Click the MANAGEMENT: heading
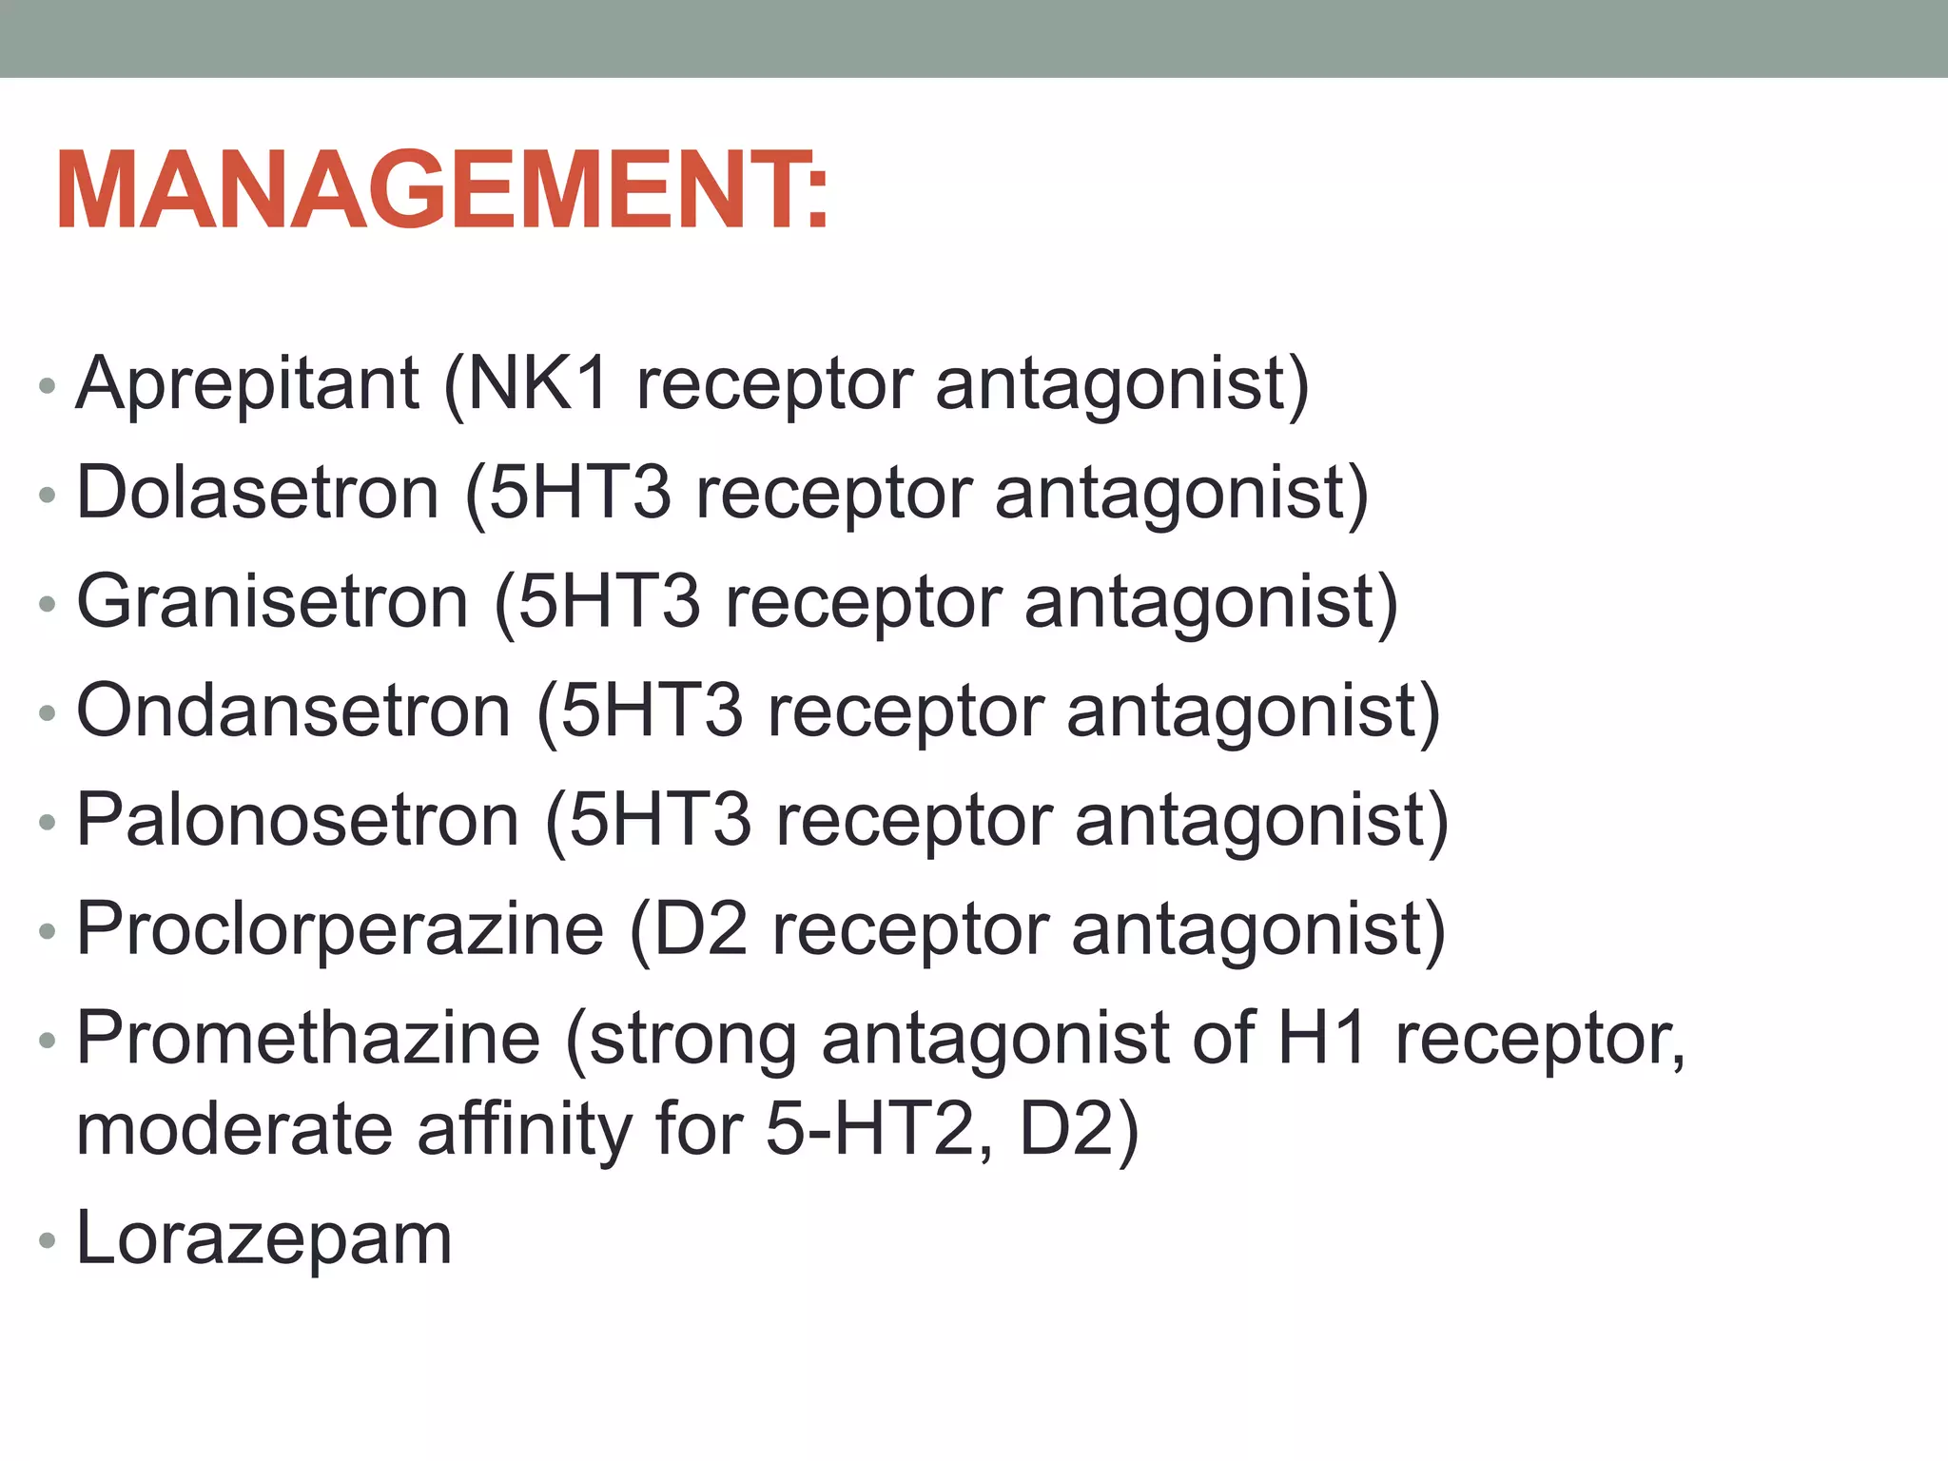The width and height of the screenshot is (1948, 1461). click(442, 190)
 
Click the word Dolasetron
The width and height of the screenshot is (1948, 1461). click(257, 493)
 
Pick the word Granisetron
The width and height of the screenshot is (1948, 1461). click(272, 602)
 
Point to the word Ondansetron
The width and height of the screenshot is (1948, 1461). click(293, 711)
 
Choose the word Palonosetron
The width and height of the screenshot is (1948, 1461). click(297, 820)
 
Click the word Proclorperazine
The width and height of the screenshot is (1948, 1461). click(340, 929)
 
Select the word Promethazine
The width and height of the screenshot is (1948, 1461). click(308, 1038)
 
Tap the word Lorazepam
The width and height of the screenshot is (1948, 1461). click(263, 1238)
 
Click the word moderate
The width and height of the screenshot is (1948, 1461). click(234, 1129)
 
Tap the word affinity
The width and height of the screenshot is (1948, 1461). click(524, 1129)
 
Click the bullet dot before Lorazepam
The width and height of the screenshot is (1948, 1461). click(47, 1240)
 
